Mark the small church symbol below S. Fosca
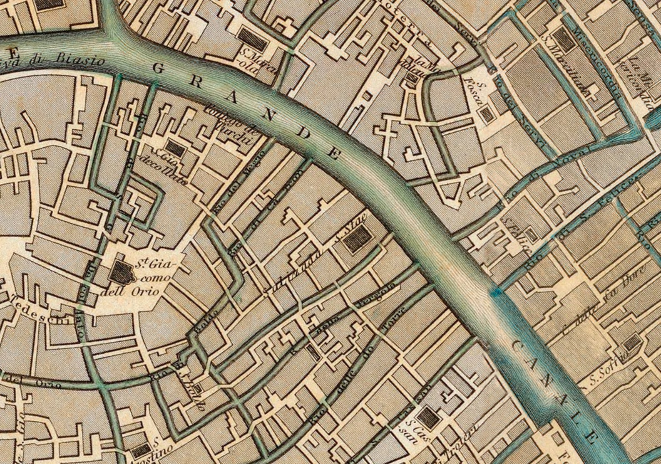(485, 114)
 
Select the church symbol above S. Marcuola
(253, 37)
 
